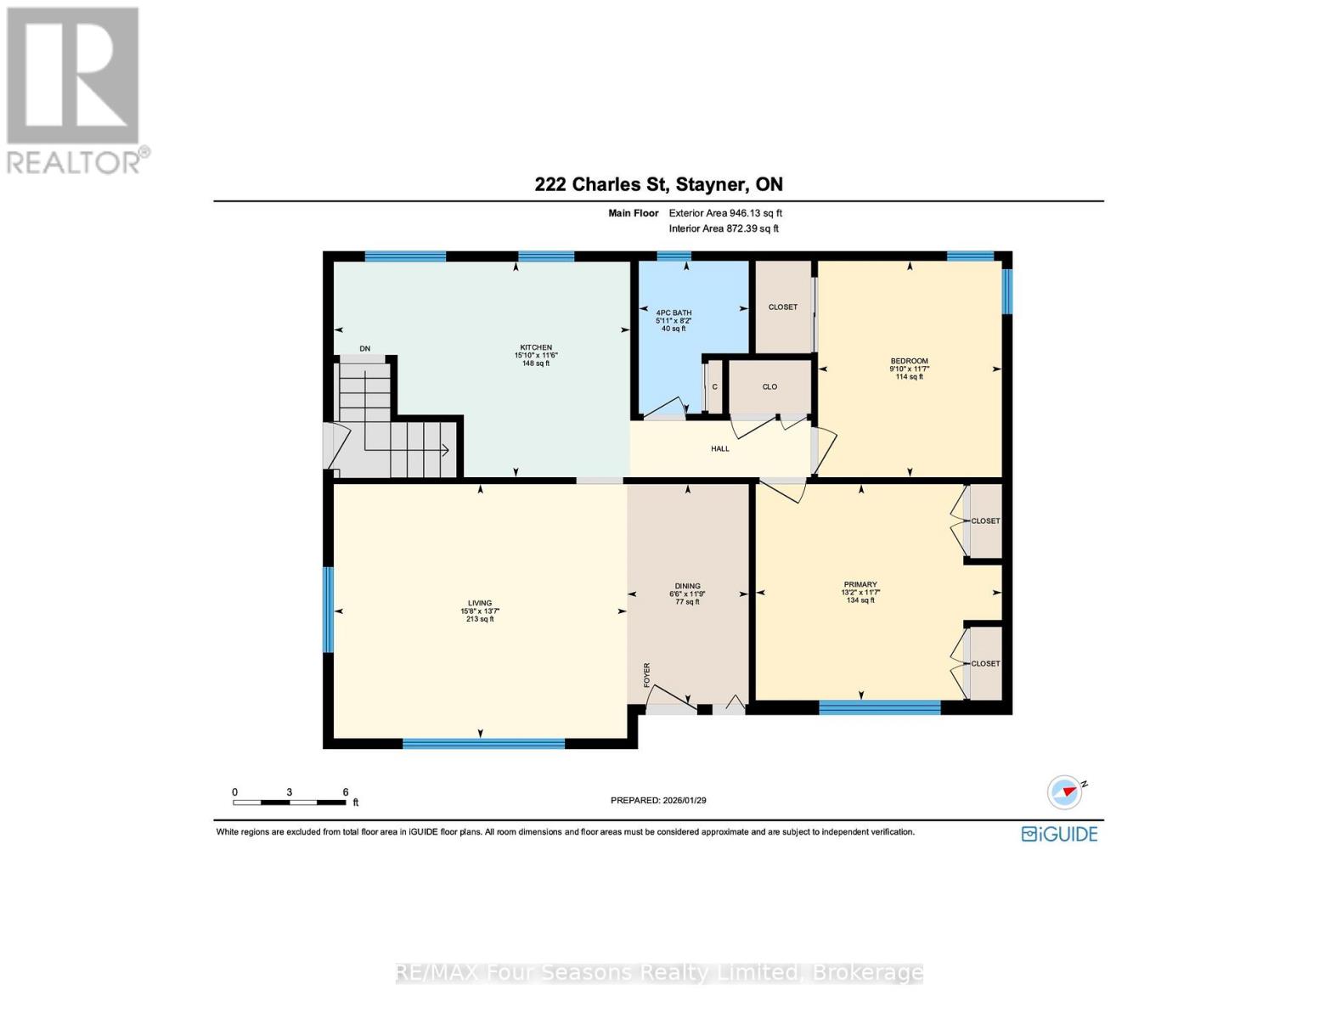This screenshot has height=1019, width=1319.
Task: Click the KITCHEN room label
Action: point(536,347)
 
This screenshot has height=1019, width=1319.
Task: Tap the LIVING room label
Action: point(480,603)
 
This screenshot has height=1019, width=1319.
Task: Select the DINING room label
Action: point(687,586)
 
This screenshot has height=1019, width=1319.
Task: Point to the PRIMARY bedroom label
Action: point(860,584)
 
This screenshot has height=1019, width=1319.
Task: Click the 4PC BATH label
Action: point(674,312)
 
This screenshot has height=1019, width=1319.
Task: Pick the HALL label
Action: point(720,448)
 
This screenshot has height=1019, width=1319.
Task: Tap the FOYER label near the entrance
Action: point(646,674)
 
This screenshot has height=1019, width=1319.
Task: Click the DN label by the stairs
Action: point(365,348)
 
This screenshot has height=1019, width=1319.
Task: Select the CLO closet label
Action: point(769,386)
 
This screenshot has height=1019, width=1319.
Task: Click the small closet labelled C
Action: point(714,387)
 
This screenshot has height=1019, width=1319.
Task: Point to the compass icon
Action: point(1065,792)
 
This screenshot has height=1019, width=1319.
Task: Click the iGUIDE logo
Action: point(1059,834)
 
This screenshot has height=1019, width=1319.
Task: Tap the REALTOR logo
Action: point(75,89)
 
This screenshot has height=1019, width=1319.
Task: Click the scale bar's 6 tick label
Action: point(345,791)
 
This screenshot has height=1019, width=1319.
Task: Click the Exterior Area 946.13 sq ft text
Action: point(725,213)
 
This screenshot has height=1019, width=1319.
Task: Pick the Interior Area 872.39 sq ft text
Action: point(724,228)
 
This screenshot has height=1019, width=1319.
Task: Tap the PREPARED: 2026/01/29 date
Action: point(658,800)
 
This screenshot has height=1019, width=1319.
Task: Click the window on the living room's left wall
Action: point(328,609)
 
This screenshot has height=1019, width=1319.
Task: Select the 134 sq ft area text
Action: point(860,600)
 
